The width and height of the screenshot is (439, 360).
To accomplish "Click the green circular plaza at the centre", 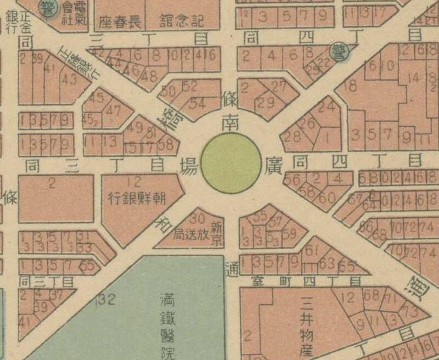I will (x=230, y=163).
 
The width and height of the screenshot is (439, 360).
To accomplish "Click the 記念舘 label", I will (x=182, y=21).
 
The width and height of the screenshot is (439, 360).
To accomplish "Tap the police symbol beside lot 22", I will (x=336, y=52).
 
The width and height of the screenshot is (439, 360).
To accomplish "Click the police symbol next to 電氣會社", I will (x=48, y=7).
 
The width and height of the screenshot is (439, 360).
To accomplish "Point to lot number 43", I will (x=70, y=79).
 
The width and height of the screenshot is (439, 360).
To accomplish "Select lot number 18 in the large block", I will (x=350, y=85).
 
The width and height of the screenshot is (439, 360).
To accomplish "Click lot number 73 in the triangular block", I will (x=409, y=310).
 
